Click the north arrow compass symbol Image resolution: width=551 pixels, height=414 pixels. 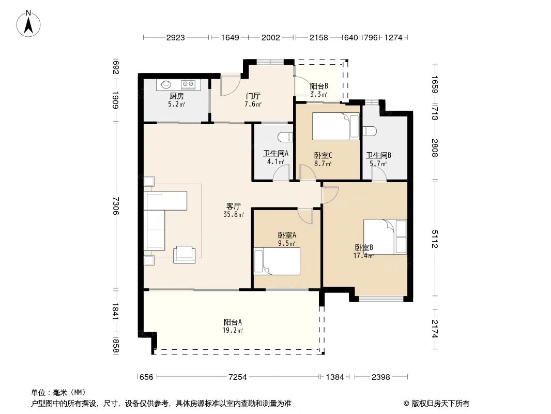pos(28,24)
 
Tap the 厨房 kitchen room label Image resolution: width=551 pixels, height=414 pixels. pos(176,96)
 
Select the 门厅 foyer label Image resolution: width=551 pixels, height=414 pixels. pos(253,96)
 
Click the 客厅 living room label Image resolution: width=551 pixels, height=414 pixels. pos(233,206)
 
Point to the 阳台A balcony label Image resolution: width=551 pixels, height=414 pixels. pos(233,322)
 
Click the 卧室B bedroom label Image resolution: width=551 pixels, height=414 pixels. pos(364,248)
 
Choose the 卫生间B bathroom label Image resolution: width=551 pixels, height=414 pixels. pos(378,155)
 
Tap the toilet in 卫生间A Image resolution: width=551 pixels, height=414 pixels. pos(285,137)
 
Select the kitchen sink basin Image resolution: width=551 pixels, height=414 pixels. pos(166,84)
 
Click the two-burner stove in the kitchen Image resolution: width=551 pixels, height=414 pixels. pos(188,84)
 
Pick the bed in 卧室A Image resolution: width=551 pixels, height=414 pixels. pos(277,261)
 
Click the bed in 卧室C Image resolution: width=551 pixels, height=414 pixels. pos(336,126)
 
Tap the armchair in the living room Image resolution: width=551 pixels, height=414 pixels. pos(184,254)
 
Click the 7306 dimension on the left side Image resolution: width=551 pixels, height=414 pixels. pos(116,206)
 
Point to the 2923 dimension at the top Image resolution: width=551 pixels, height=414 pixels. pos(175,37)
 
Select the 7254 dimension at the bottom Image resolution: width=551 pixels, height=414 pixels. pos(238,377)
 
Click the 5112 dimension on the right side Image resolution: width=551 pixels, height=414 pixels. pos(435,239)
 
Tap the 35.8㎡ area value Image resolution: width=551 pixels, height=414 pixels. pos(234,214)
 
